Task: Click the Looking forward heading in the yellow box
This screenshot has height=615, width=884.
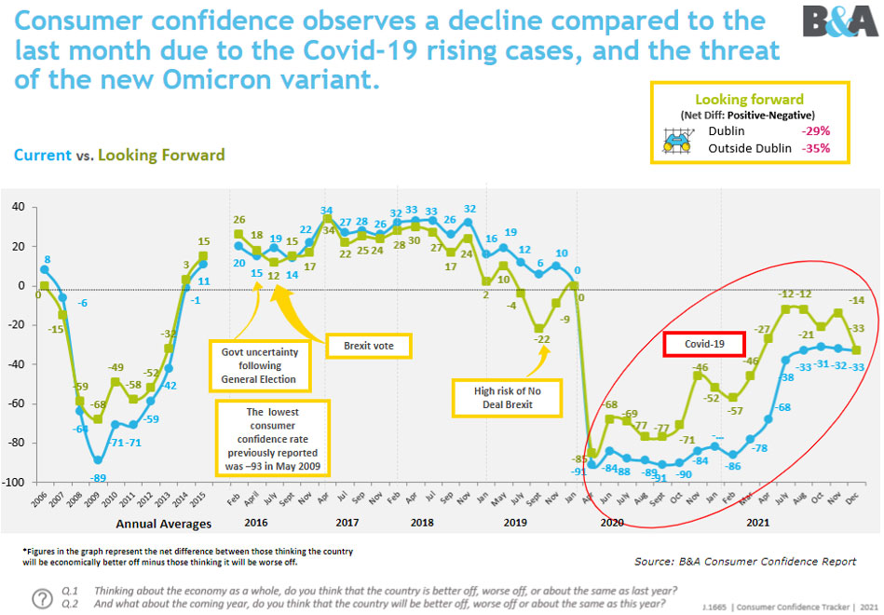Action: (x=749, y=98)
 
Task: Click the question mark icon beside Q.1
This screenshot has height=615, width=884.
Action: (x=43, y=597)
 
